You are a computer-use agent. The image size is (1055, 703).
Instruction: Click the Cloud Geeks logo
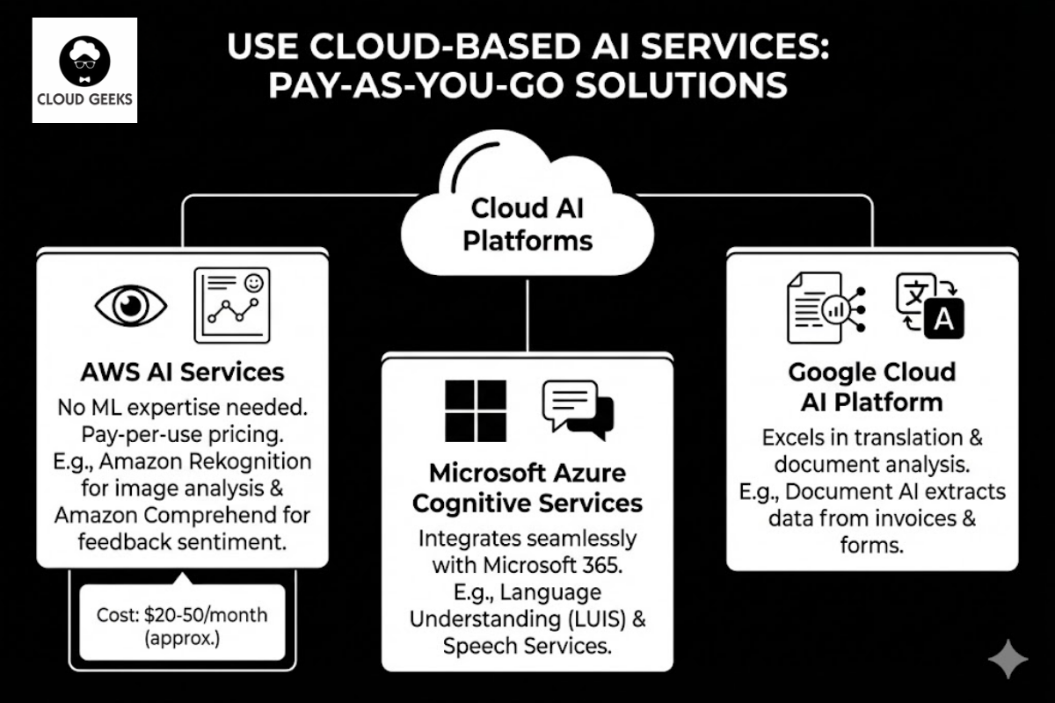coord(84,70)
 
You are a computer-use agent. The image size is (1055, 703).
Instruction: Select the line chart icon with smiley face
coord(231,304)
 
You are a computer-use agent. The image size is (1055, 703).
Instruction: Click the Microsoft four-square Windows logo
coord(476,409)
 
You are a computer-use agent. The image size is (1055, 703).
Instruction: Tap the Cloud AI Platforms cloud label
coord(527,224)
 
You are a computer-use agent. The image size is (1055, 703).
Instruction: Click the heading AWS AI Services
coord(182,372)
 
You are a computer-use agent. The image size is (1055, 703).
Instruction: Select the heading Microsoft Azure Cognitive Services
coord(527,488)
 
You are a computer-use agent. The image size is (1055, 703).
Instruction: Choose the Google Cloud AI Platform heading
coord(872,387)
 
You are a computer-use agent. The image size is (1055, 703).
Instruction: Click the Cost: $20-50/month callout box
coord(182,625)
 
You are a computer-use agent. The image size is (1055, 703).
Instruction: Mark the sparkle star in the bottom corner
coord(1007,659)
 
